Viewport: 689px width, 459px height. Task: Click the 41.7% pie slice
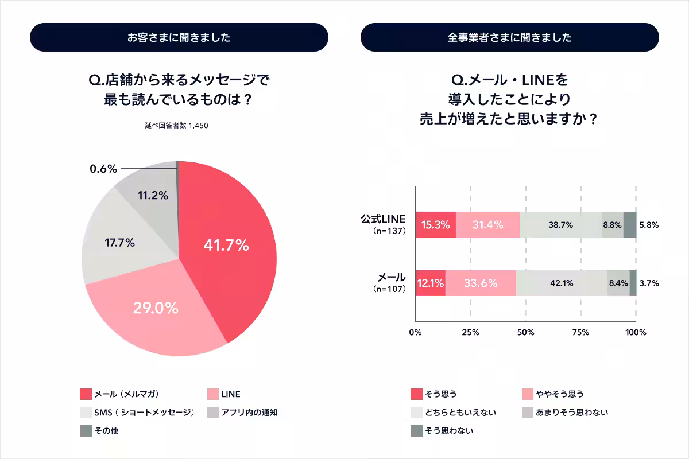click(x=230, y=247)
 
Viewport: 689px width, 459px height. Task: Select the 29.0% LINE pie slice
click(x=155, y=310)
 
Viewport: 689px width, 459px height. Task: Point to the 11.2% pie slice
click(x=153, y=195)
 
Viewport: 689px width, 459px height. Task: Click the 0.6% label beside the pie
click(x=103, y=169)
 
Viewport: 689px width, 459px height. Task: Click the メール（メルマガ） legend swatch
click(x=86, y=395)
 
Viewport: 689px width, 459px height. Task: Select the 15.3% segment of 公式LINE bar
click(x=435, y=225)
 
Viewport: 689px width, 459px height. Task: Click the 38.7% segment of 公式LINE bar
click(x=560, y=225)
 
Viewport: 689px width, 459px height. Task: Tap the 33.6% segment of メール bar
click(x=481, y=283)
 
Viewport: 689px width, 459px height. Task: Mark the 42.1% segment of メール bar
click(x=562, y=283)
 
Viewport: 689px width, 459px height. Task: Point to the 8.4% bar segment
click(x=618, y=283)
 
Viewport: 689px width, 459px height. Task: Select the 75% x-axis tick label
click(x=580, y=333)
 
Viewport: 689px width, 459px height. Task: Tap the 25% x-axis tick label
click(x=470, y=333)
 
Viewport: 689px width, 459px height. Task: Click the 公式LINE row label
click(x=383, y=220)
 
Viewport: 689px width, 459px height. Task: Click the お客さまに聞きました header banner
click(x=179, y=38)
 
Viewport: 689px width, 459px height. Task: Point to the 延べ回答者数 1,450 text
click(x=176, y=125)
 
